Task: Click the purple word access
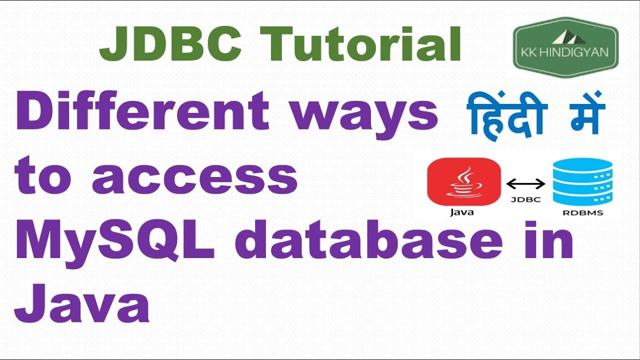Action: (x=195, y=178)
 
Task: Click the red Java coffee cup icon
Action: (x=464, y=182)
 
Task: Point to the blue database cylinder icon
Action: (x=582, y=181)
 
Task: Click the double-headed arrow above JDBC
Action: (x=526, y=184)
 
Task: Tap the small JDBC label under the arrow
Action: (x=525, y=199)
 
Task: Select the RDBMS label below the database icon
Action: (x=583, y=212)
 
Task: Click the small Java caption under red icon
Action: (x=462, y=212)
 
